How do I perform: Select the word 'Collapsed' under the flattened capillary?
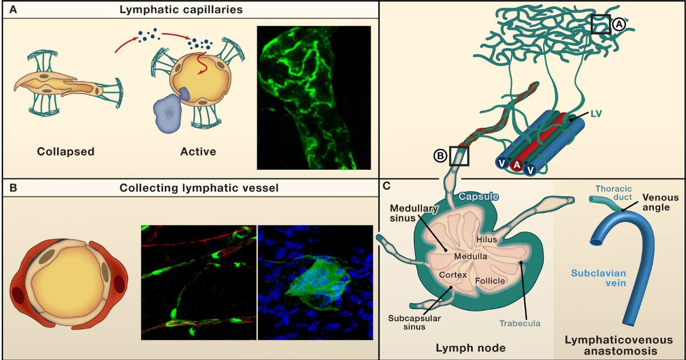click(x=66, y=151)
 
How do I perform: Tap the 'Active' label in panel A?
click(x=198, y=151)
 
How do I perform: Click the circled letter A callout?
click(x=619, y=25)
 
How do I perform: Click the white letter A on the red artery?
click(x=516, y=165)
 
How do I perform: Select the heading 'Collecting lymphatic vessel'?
click(x=195, y=188)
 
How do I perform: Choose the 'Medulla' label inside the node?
click(x=470, y=257)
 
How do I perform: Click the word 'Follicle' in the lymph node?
click(x=490, y=281)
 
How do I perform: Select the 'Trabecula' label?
click(x=519, y=323)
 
